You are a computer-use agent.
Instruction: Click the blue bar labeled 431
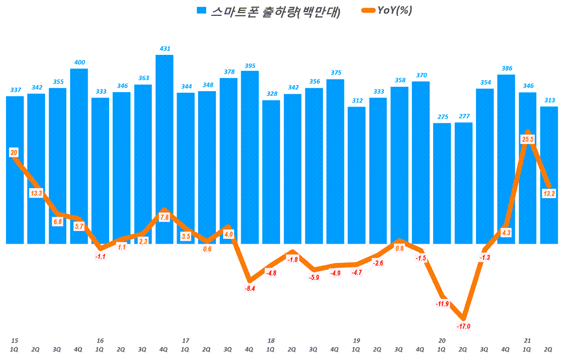coord(164,148)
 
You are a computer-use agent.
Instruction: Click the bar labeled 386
coord(506,159)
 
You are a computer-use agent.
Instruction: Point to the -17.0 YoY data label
coord(463,326)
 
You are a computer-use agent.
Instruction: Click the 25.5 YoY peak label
coord(527,140)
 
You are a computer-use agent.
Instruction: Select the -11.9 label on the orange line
coord(442,303)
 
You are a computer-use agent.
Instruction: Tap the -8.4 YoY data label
coord(250,288)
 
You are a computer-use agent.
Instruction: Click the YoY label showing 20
coord(14,153)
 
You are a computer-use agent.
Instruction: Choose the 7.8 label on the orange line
coord(164,217)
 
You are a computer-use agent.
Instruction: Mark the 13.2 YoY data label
coord(549,193)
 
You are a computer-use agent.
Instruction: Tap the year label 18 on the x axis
coord(270,340)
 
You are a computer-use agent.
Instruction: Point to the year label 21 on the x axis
coord(527,340)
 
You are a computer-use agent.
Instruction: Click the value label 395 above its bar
coord(250,66)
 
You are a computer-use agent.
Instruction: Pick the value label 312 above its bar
coord(356,100)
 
